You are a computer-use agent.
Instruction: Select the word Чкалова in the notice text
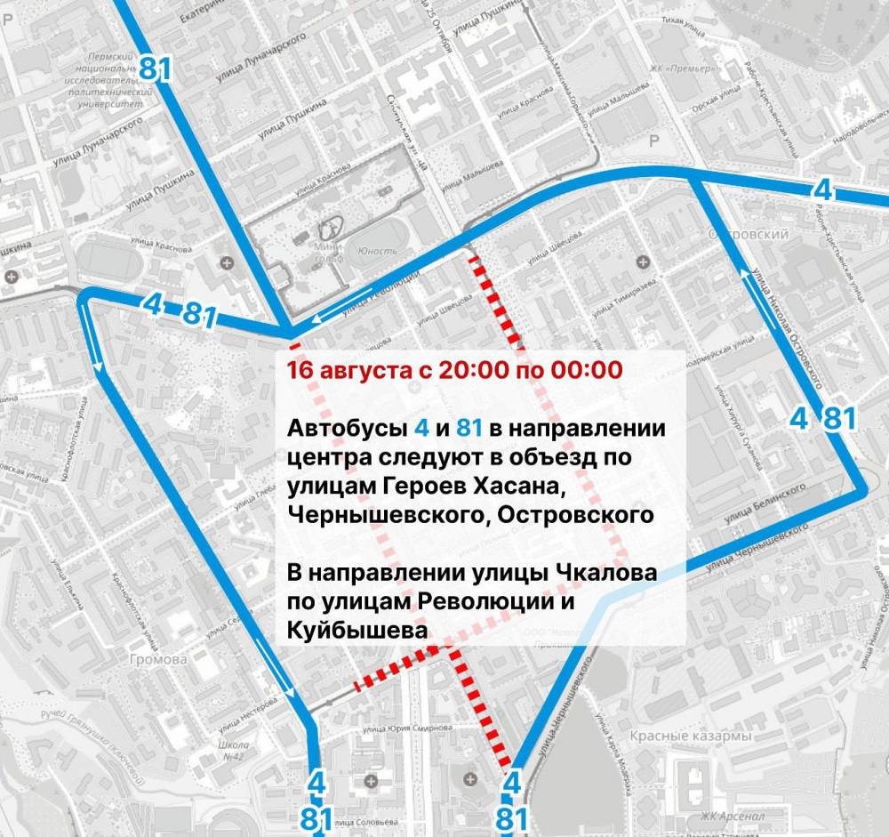[605, 574]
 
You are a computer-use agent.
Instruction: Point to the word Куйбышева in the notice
[356, 629]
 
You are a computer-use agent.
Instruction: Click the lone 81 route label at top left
[154, 68]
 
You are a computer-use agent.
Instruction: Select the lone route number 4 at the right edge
[823, 189]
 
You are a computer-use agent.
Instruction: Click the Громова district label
[158, 660]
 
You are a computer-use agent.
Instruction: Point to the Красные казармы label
[691, 736]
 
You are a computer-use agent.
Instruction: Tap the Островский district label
[757, 234]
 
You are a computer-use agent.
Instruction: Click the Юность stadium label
[376, 252]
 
